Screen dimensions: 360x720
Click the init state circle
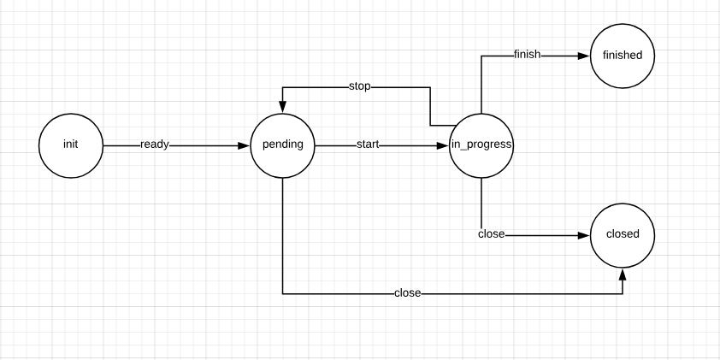70,145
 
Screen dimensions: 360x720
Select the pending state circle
282,145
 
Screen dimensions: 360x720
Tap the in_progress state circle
481,145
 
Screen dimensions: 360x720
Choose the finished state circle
623,56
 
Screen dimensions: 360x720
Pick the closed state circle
623,234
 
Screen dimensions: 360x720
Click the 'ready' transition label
155,145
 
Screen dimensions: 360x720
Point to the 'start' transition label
368,145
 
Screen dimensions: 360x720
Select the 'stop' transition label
359,86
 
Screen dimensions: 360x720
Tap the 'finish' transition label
527,56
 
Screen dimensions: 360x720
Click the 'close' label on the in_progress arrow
491,234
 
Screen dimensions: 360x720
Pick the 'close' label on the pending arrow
407,293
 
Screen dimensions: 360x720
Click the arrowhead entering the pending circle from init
244,145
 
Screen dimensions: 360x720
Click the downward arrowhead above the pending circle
282,107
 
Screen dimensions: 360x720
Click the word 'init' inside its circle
70,145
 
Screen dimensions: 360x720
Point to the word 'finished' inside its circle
623,56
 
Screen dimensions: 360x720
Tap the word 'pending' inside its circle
282,145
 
